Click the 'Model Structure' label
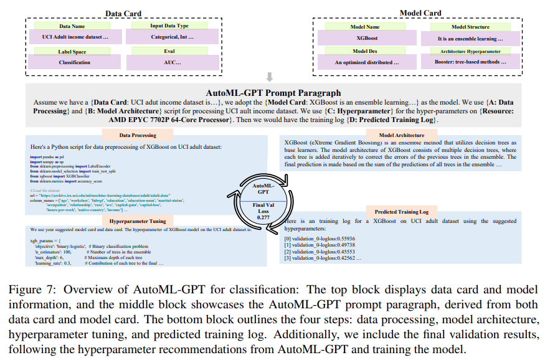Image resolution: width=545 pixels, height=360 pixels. [x=471, y=27]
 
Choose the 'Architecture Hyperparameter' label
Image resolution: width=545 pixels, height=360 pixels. [x=471, y=52]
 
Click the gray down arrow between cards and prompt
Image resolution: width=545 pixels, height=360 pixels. [x=269, y=77]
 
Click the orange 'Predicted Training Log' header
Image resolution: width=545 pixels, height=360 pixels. [x=402, y=212]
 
